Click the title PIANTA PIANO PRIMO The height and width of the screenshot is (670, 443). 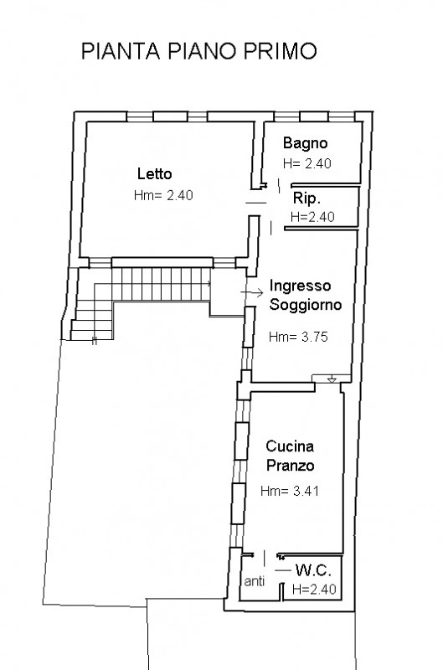tap(198, 51)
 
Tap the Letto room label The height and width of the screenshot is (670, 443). tap(155, 174)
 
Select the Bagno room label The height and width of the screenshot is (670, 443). tap(305, 143)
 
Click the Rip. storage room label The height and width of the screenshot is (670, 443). tap(306, 198)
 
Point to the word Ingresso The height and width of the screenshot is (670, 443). tap(301, 286)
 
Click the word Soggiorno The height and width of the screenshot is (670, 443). tap(306, 305)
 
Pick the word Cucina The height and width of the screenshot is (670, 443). tap(290, 446)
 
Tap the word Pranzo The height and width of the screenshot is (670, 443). tap(290, 465)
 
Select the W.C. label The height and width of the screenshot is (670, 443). tap(312, 570)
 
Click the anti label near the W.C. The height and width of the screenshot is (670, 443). tap(255, 581)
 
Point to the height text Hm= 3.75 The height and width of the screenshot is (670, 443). tap(298, 337)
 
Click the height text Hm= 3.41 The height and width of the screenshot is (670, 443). tap(290, 491)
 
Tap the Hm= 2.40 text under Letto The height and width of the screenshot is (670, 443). tap(163, 195)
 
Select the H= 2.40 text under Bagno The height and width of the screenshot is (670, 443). tap(306, 163)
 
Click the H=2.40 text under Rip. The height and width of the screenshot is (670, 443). tap(312, 217)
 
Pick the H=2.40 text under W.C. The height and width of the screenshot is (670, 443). tap(314, 590)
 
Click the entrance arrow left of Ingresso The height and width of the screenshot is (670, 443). tap(252, 292)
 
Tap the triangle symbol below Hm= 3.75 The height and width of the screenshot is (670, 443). tap(332, 379)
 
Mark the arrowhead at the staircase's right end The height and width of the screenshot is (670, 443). tap(209, 283)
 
